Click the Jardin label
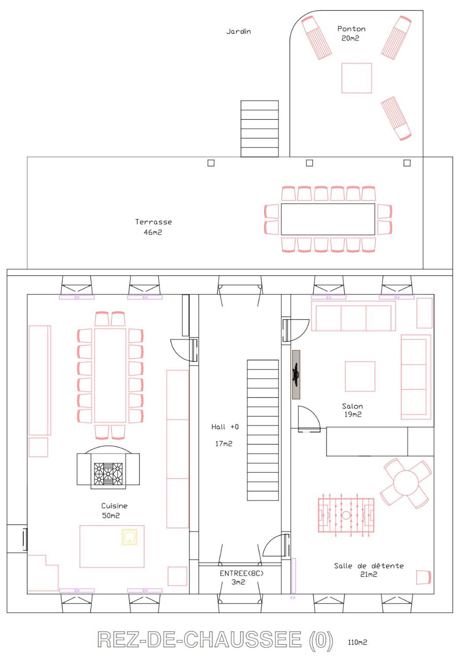click(x=238, y=32)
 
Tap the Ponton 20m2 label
click(x=351, y=33)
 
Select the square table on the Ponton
click(x=357, y=78)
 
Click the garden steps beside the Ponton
click(x=260, y=128)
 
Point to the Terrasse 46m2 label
click(x=153, y=227)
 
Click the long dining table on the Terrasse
click(x=328, y=219)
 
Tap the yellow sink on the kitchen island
click(x=129, y=537)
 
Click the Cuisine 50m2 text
click(x=114, y=511)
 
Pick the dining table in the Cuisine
click(x=110, y=376)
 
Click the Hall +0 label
click(x=225, y=427)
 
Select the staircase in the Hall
click(x=263, y=430)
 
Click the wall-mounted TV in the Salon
click(x=296, y=374)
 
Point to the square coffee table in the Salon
click(x=360, y=376)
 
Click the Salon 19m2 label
click(x=352, y=410)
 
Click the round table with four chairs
click(x=406, y=483)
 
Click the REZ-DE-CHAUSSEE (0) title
click(x=215, y=640)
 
